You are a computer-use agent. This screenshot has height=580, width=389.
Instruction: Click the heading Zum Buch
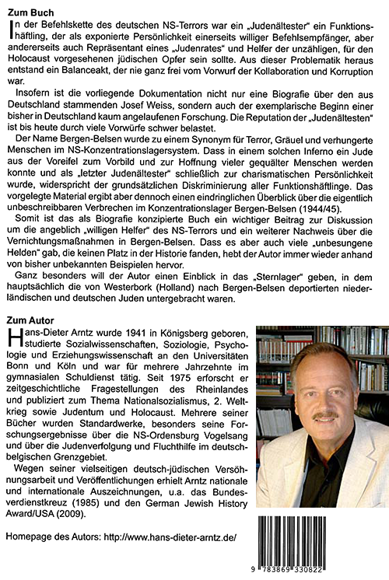[30, 10]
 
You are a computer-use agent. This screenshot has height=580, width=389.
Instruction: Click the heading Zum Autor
[31, 319]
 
